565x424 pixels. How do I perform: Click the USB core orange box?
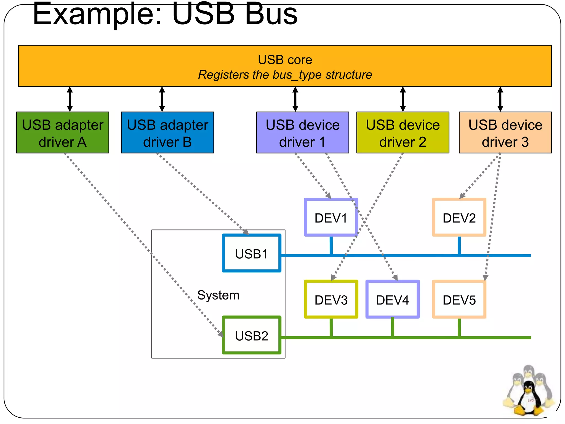(x=285, y=66)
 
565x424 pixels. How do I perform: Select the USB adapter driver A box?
(x=63, y=132)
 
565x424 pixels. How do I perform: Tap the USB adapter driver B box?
(x=167, y=132)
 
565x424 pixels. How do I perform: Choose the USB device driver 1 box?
(x=303, y=132)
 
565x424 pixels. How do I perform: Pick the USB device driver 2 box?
(x=403, y=132)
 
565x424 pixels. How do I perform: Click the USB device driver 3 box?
(x=505, y=132)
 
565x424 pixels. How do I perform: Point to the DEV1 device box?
(x=331, y=218)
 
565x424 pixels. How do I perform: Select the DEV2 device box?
(x=459, y=218)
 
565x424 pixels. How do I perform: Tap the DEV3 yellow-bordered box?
(x=331, y=300)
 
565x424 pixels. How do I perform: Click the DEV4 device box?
(x=392, y=300)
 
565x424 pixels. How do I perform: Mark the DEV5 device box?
(x=459, y=300)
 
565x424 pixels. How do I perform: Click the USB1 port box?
(x=252, y=253)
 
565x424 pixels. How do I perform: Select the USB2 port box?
(x=252, y=335)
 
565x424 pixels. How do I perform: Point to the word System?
(x=218, y=295)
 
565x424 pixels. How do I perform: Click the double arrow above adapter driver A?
(x=70, y=99)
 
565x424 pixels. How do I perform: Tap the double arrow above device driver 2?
(x=403, y=99)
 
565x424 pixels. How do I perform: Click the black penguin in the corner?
(x=528, y=397)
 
